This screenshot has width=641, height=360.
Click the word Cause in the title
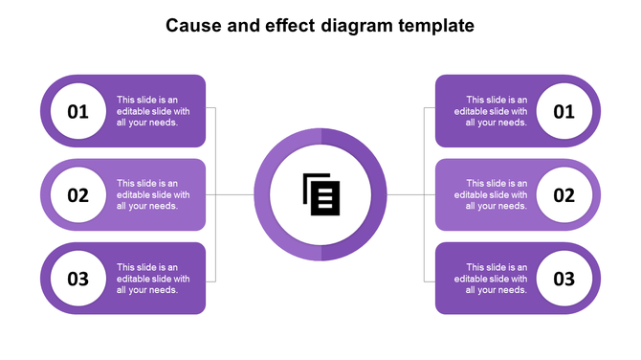189,26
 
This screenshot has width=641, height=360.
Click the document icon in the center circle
321,194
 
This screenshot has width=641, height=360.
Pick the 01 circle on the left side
77,111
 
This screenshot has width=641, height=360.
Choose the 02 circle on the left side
77,195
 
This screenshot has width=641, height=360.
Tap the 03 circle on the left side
77,279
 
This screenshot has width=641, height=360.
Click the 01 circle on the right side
564,111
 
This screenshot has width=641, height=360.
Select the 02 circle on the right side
564,195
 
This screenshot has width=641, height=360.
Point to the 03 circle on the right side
564,279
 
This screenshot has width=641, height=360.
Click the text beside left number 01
153,111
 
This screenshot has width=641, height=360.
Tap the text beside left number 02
153,195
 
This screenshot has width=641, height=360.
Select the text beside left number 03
153,279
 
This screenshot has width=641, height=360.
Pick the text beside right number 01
497,111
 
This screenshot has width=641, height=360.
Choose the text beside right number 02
497,195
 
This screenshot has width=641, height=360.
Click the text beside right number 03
497,279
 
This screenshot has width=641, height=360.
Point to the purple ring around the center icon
321,138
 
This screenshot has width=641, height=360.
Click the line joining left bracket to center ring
234,195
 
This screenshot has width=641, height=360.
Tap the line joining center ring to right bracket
406,195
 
